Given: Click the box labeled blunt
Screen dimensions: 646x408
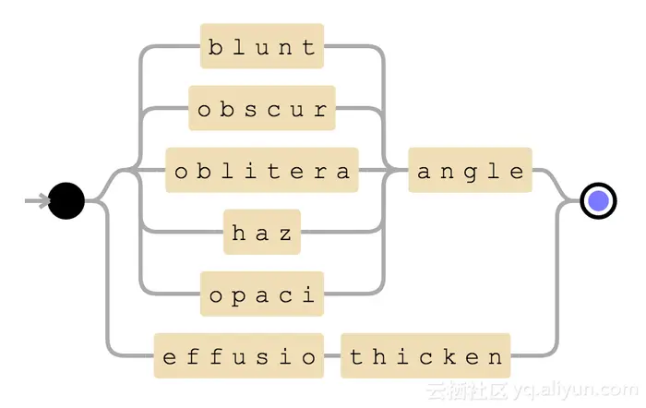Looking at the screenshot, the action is click(262, 46).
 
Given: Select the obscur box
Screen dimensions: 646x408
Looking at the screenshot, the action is click(262, 109).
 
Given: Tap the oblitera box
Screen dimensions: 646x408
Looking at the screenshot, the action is click(262, 171).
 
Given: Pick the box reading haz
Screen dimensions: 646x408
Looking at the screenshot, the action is click(262, 233).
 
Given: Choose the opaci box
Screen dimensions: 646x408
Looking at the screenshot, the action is click(262, 294).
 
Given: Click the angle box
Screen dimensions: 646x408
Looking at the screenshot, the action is click(470, 171).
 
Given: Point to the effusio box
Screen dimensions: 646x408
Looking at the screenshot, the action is click(239, 356).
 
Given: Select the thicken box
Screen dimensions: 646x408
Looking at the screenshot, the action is click(425, 356).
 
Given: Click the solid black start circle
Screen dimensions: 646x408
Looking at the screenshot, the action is click(66, 200).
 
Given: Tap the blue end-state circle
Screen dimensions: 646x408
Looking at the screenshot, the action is click(598, 200).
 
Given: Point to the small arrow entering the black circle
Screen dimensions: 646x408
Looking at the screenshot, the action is click(37, 200).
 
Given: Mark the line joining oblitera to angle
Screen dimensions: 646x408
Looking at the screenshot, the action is click(383, 171).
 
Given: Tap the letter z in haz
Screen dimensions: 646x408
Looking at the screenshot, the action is click(285, 234).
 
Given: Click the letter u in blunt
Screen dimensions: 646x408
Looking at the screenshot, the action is click(262, 47).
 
